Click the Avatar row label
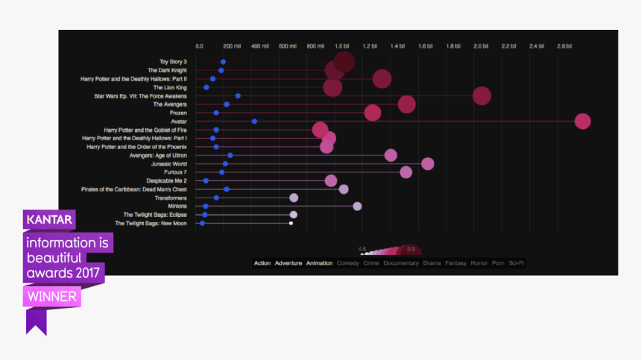(179, 121)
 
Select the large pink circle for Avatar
(583, 121)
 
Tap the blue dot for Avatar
(254, 121)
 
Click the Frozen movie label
(177, 113)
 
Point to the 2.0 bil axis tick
(481, 46)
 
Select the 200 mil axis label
(232, 46)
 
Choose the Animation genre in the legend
(320, 263)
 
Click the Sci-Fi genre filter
(517, 263)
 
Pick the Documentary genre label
(401, 263)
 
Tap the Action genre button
(262, 263)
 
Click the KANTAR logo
(49, 220)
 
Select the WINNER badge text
(52, 297)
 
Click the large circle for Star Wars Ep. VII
(481, 96)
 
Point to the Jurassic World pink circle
(427, 164)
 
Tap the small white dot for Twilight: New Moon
(291, 223)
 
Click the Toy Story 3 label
(173, 62)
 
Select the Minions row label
(177, 206)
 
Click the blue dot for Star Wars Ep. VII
(238, 96)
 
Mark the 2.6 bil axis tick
(564, 46)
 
